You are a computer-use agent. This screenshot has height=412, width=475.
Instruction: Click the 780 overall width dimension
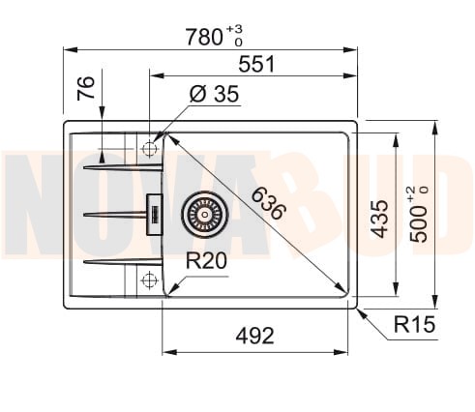click(204, 37)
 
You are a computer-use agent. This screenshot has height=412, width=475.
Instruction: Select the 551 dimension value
click(256, 64)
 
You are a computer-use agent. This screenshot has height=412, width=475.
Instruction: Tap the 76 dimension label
click(86, 88)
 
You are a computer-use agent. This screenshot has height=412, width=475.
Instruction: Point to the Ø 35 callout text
click(215, 94)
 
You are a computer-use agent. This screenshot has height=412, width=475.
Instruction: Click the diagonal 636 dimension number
click(269, 204)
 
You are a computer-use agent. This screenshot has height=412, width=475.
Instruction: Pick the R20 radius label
click(206, 260)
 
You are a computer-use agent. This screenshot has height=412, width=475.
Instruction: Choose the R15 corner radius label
click(414, 324)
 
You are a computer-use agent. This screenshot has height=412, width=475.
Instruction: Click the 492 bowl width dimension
click(254, 336)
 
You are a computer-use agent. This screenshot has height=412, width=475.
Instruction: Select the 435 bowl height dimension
click(379, 219)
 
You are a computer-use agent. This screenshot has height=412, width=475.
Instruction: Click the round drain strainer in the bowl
click(204, 215)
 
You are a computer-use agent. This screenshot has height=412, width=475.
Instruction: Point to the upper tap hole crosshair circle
click(149, 149)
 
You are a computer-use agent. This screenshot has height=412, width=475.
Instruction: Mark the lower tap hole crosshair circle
click(149, 280)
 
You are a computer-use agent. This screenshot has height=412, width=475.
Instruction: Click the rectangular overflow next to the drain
click(155, 215)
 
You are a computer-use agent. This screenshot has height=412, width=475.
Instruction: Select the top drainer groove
click(123, 167)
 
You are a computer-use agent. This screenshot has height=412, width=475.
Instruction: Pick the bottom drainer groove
click(123, 262)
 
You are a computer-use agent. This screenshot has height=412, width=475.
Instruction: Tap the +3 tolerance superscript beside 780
click(234, 29)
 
